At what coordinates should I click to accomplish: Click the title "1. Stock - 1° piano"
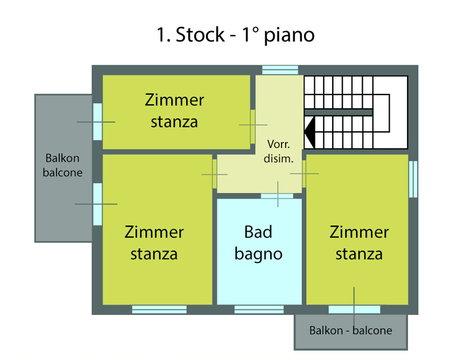tap(235, 36)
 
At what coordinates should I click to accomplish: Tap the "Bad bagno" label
tap(258, 243)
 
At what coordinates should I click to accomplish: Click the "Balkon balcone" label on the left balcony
tap(62, 165)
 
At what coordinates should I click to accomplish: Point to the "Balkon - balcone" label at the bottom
tap(350, 330)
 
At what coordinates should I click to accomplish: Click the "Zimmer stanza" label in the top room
tap(174, 111)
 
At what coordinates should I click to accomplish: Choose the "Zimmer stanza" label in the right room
tap(359, 243)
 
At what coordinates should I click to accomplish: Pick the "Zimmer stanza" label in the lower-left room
tap(154, 243)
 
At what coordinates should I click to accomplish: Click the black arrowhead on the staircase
tap(309, 133)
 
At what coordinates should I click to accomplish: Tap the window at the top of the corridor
tap(280, 70)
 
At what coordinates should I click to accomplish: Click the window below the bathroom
tap(259, 309)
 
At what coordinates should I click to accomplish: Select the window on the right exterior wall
tap(413, 179)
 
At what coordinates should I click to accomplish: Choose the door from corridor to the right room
tap(304, 174)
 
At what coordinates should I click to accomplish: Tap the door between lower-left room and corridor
tap(215, 174)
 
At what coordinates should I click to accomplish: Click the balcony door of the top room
tap(97, 121)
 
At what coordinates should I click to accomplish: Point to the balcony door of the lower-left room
tap(97, 204)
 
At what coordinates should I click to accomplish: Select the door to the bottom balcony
tap(354, 309)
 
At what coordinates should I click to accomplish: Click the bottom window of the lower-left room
tap(159, 309)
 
